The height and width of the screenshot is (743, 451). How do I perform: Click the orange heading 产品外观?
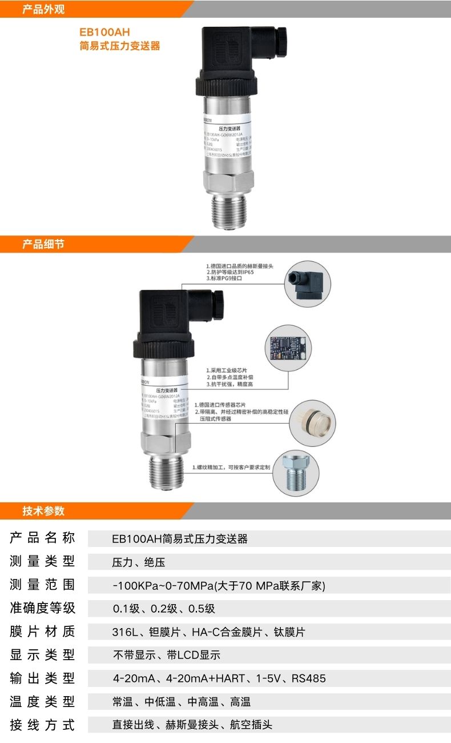[43, 9]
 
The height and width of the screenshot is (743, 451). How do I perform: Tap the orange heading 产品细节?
[43, 245]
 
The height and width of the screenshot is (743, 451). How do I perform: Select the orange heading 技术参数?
[43, 510]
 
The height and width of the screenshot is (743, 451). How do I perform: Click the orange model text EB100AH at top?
[104, 33]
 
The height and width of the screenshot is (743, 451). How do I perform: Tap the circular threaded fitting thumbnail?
[299, 472]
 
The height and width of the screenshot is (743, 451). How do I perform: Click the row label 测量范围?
[42, 585]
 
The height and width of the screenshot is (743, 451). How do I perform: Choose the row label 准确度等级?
[42, 608]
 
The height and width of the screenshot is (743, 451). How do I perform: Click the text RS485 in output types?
[308, 678]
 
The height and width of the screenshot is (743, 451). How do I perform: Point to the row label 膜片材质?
[42, 632]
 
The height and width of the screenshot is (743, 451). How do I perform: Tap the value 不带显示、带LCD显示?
[166, 655]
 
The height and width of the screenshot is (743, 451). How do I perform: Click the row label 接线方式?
[42, 725]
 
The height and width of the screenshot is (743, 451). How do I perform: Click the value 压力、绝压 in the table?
[139, 562]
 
